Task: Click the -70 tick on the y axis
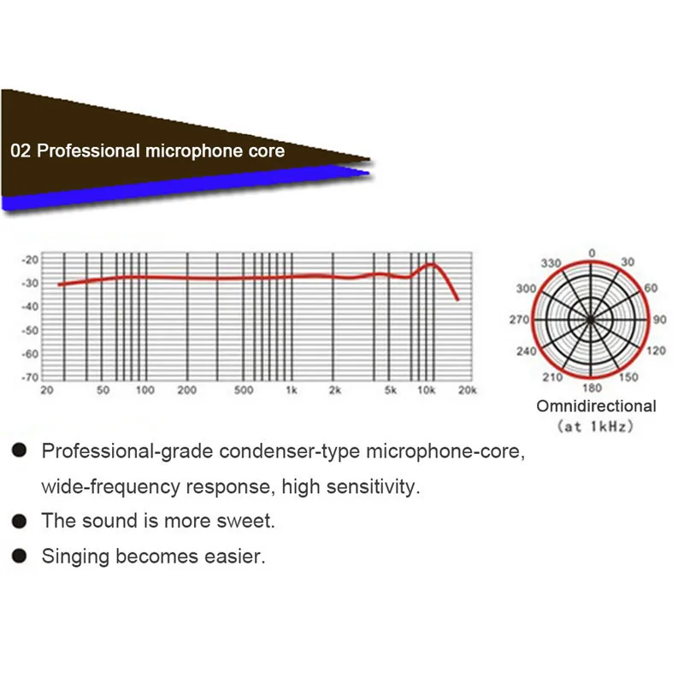pyautogui.click(x=31, y=377)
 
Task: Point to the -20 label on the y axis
pyautogui.click(x=31, y=259)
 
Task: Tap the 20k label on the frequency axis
pyautogui.click(x=466, y=391)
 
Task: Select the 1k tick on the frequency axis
pyautogui.click(x=292, y=391)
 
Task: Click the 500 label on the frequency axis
pyautogui.click(x=244, y=391)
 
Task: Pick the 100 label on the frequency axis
pyautogui.click(x=145, y=391)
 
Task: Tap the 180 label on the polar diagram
pyautogui.click(x=591, y=387)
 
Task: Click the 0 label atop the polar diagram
pyautogui.click(x=592, y=252)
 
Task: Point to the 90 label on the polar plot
pyautogui.click(x=659, y=320)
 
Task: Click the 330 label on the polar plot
pyautogui.click(x=551, y=262)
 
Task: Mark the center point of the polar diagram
pyautogui.click(x=591, y=319)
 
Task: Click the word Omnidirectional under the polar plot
pyautogui.click(x=596, y=406)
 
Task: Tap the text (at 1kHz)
pyautogui.click(x=596, y=425)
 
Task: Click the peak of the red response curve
pyautogui.click(x=433, y=264)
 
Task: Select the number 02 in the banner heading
pyautogui.click(x=21, y=151)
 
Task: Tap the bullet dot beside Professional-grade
pyautogui.click(x=18, y=450)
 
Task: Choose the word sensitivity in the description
pyautogui.click(x=371, y=487)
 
